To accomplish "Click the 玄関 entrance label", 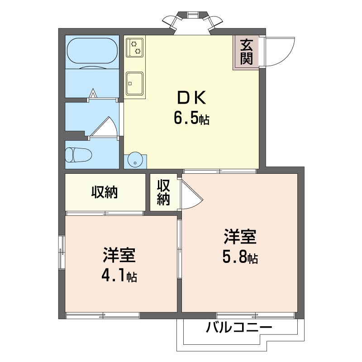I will coord(246,52).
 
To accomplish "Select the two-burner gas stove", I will coord(134,48).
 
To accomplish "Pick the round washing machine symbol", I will coord(135,159).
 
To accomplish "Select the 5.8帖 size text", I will coord(240,257).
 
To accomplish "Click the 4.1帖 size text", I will coord(119,275).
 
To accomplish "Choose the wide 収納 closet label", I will coord(105,192).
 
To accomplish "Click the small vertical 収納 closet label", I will coord(164,192).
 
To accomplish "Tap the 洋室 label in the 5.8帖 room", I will coord(240,238).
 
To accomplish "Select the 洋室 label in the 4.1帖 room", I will coord(119,256).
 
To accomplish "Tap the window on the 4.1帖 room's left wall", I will coord(61,253).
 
